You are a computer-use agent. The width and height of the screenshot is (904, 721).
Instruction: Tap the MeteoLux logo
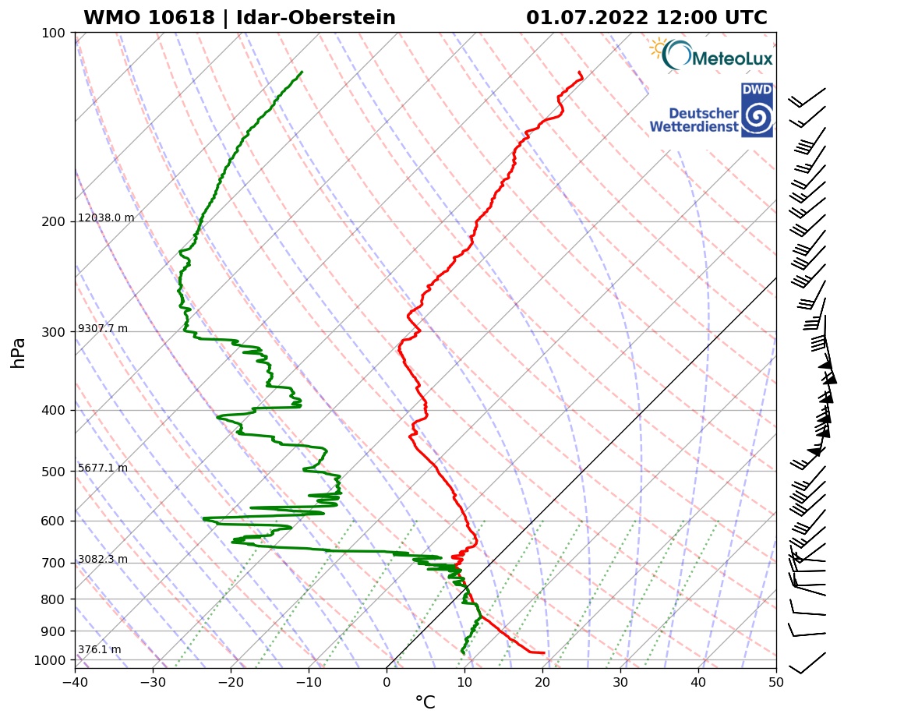711,55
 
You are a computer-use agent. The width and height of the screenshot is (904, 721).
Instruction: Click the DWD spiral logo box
756,111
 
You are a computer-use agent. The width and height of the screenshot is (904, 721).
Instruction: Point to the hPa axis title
19,352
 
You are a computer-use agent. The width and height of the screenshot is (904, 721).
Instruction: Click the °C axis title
425,703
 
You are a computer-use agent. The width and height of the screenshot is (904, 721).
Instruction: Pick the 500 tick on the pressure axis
54,472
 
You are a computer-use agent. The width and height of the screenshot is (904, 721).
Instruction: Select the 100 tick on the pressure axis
54,33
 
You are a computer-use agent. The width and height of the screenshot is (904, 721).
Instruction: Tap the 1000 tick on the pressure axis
51,661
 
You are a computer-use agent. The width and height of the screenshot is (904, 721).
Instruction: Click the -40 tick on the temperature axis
75,683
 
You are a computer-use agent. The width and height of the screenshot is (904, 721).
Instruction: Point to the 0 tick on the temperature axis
387,683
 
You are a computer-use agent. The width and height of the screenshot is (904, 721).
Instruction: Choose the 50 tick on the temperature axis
775,683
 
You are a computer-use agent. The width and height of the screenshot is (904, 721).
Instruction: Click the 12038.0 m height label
106,218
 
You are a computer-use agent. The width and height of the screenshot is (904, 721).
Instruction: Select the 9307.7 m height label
103,329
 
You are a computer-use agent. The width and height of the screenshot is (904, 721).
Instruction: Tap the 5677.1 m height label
103,468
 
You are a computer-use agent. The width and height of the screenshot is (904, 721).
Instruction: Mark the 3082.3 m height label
103,560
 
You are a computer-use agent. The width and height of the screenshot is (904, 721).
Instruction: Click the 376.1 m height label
99,650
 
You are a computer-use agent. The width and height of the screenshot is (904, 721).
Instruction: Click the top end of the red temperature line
579,72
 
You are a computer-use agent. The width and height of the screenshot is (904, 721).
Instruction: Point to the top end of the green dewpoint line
302,72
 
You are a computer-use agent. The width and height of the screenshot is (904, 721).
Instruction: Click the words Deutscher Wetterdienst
694,120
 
